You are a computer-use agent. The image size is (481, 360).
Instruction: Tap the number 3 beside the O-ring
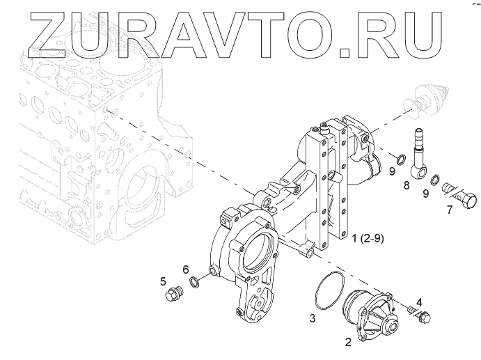pyautogui.click(x=313, y=318)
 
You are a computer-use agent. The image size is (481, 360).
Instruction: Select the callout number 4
pyautogui.click(x=418, y=303)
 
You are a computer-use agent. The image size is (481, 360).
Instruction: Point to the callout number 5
pyautogui.click(x=163, y=281)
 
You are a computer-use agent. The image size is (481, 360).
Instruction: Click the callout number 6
pyautogui.click(x=186, y=269)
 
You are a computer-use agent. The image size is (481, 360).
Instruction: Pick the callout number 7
pyautogui.click(x=450, y=210)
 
